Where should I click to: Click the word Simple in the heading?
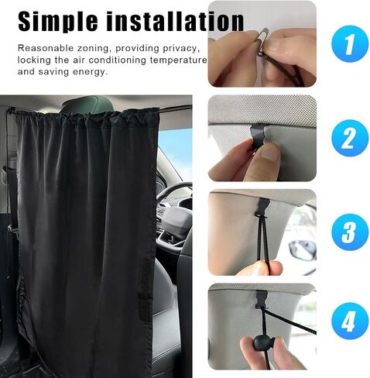58,22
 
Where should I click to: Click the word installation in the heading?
175,21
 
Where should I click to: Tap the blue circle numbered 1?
350,44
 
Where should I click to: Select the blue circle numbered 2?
350,138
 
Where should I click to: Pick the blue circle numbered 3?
350,232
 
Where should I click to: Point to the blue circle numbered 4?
350,321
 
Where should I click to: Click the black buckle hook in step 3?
262,208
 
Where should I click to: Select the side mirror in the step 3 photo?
303,250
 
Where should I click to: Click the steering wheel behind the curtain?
173,196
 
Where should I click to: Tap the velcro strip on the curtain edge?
146,289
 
